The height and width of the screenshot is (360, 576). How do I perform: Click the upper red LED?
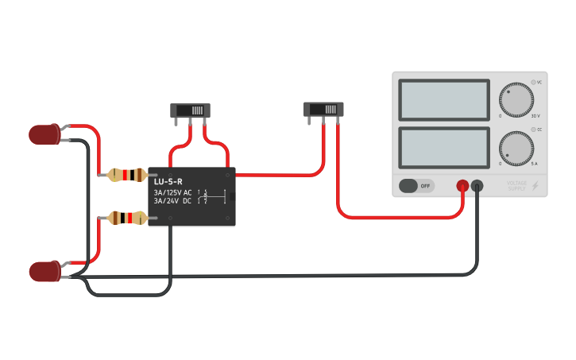[44, 134]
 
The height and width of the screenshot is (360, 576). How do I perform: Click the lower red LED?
[44, 271]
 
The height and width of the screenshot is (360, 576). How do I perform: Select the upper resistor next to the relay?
[127, 175]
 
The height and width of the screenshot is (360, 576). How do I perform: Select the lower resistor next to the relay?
[127, 217]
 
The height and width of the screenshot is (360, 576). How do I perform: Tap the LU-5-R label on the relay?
[168, 181]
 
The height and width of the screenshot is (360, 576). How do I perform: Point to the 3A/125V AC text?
[172, 192]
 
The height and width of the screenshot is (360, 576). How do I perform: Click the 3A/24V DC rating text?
[172, 201]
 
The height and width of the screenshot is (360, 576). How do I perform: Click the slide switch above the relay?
[191, 110]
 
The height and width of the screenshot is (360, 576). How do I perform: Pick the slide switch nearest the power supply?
[324, 109]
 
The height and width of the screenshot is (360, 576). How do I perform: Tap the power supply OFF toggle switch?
[416, 186]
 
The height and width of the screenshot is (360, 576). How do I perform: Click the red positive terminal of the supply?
[462, 186]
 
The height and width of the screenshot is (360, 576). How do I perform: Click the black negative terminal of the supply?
[477, 186]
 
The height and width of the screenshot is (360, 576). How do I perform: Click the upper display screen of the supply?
[444, 99]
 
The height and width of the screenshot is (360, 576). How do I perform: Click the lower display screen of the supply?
[444, 148]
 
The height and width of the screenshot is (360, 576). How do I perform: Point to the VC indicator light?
[533, 82]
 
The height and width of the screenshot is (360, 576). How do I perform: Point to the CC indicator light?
[533, 129]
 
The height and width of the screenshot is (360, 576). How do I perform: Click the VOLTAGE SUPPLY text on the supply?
[517, 186]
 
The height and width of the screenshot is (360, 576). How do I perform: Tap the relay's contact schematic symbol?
[213, 196]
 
